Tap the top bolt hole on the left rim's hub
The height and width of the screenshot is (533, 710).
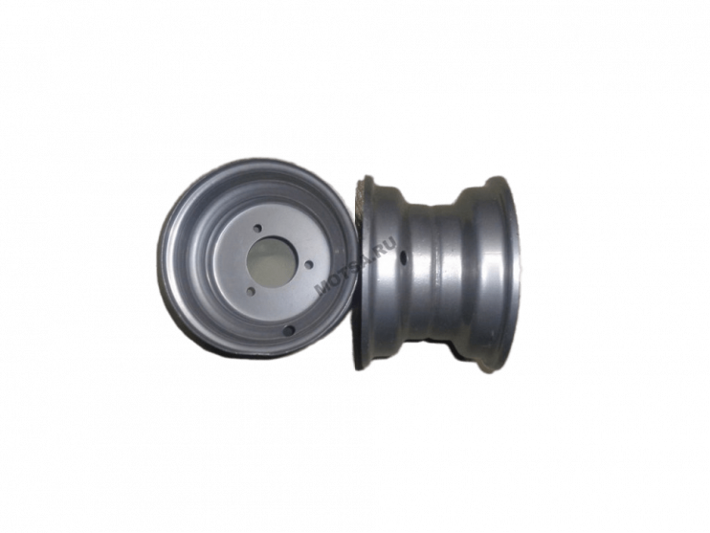click(x=257, y=229)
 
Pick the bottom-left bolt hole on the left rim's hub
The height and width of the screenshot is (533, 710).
click(x=252, y=291)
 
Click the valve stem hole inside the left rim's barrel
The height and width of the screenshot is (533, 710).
click(x=288, y=330)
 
